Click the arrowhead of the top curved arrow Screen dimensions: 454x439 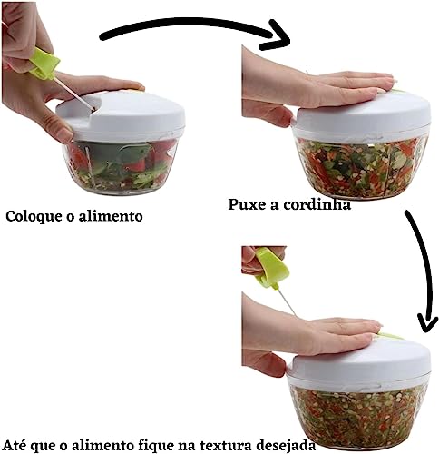[276, 38]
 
